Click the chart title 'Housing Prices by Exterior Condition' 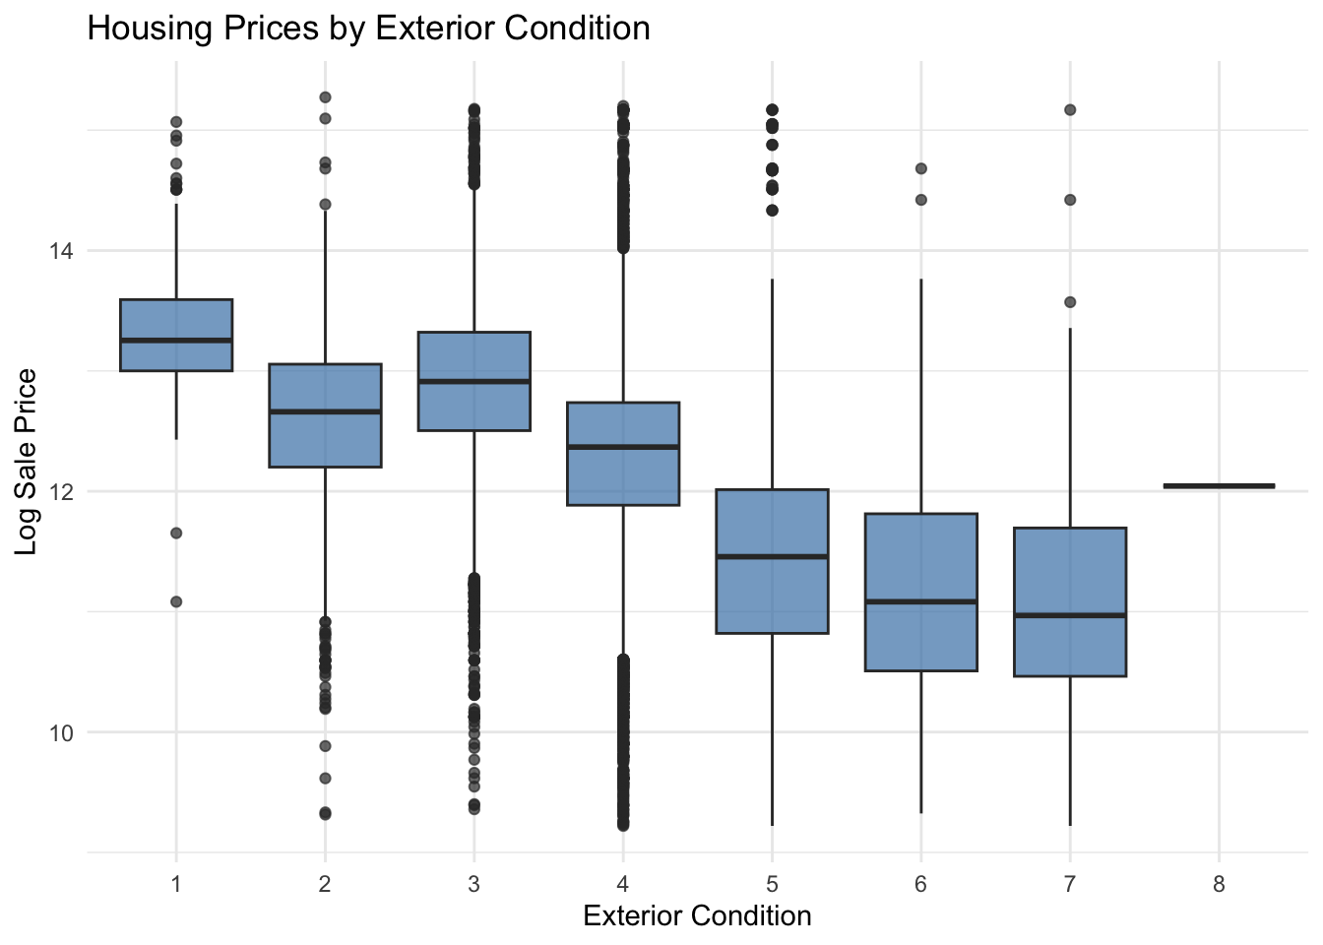coord(368,28)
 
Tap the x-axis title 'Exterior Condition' coord(697,916)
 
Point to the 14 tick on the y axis coord(61,251)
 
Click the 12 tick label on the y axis coord(61,492)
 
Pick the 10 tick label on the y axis coord(61,732)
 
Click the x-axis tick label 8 coord(1219,885)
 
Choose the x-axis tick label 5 coord(772,885)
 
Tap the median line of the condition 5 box coord(772,557)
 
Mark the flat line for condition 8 coord(1219,485)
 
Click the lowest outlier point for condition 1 coord(176,601)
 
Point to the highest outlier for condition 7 coord(1070,109)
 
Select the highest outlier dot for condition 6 coord(921,168)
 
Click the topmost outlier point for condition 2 coord(325,97)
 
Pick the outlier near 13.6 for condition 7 coord(1070,302)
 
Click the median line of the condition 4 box coord(623,447)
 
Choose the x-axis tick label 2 coord(325,885)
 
